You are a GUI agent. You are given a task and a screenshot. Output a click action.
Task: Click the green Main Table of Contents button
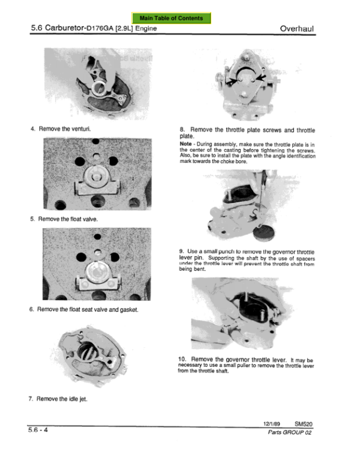pos(171,18)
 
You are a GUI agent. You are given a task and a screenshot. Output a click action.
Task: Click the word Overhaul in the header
pos(296,28)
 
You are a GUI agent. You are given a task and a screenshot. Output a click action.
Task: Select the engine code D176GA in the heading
pos(100,28)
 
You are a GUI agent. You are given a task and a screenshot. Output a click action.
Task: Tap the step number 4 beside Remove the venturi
pos(32,129)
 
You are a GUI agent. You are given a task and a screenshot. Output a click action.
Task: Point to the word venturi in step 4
pos(81,129)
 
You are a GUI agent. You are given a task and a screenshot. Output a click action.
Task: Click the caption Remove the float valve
pos(68,219)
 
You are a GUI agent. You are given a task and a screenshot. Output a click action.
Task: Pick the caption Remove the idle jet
pos(62,399)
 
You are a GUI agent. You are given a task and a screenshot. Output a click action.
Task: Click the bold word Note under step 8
pos(185,144)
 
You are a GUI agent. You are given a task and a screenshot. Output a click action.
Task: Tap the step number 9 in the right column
pos(181,252)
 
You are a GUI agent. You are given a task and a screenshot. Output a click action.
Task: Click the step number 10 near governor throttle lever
pos(182,359)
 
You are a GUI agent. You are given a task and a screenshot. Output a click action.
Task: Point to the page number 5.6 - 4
pos(38,430)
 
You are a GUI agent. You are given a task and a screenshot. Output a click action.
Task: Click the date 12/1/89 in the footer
pos(271,424)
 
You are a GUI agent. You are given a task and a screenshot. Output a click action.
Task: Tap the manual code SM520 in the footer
pos(304,424)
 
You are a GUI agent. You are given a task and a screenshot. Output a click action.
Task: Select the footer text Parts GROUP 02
pos(289,432)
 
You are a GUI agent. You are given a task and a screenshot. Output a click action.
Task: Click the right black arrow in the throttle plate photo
pos(261,77)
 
